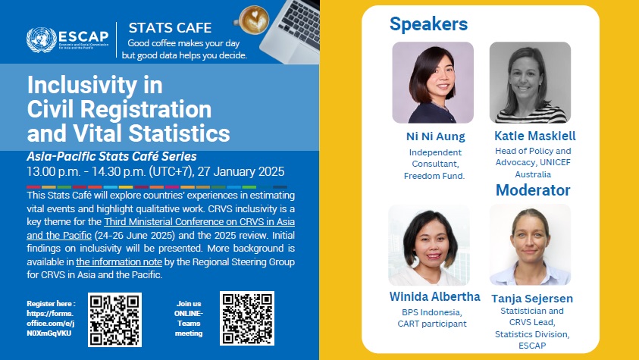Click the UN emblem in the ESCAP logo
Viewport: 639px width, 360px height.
click(x=42, y=40)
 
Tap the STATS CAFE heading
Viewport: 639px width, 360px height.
click(x=170, y=28)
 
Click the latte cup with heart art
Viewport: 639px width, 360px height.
click(x=252, y=20)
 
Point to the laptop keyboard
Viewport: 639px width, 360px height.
click(x=301, y=24)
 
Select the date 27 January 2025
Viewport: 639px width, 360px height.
click(x=241, y=171)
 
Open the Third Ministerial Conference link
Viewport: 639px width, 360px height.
click(x=161, y=228)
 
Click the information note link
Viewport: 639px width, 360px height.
click(x=119, y=262)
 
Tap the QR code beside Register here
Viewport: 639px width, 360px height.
click(x=115, y=320)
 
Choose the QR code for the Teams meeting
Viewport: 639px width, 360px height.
click(x=247, y=318)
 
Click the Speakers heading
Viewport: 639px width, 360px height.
click(x=428, y=24)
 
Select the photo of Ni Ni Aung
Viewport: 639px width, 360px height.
click(x=433, y=83)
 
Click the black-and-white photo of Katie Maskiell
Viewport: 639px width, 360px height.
click(x=530, y=83)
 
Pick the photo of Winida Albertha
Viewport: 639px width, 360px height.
click(x=429, y=245)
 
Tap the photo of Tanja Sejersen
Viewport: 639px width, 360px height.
click(x=530, y=244)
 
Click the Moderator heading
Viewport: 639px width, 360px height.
click(x=533, y=190)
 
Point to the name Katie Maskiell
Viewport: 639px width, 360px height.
click(x=534, y=136)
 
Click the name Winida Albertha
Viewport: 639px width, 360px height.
click(x=435, y=296)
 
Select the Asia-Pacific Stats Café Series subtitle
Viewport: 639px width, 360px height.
click(x=111, y=156)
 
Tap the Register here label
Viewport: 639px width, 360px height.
click(x=51, y=303)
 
